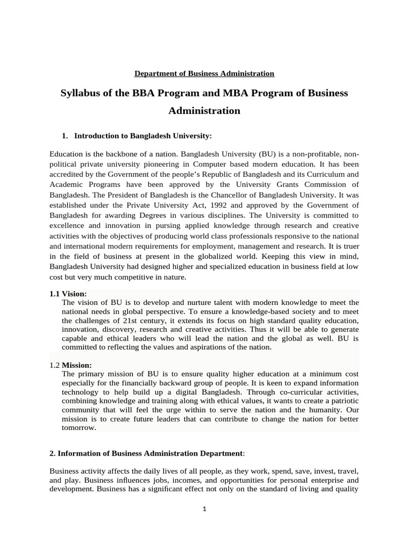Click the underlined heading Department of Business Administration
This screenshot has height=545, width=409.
tap(204, 73)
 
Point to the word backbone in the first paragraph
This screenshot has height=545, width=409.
tap(116, 154)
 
